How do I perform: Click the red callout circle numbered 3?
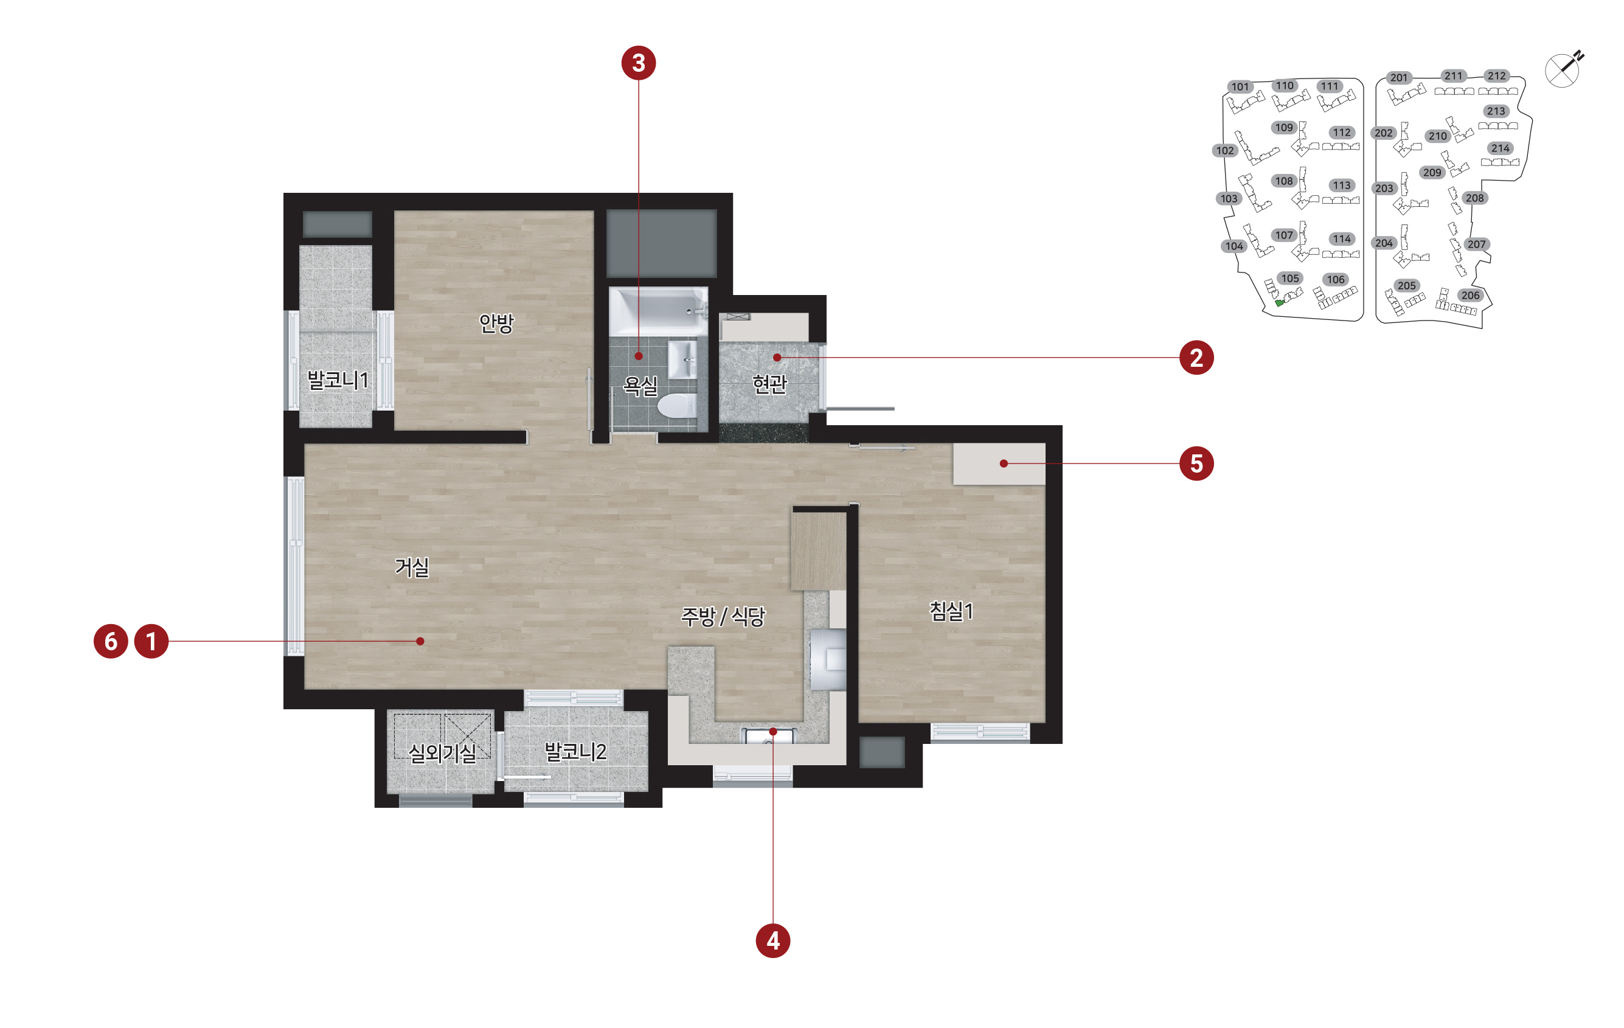(x=638, y=63)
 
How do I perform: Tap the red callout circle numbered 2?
(x=1196, y=358)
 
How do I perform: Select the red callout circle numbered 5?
(x=1196, y=464)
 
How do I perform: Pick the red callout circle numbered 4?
(x=773, y=940)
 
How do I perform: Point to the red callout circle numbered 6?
(x=111, y=641)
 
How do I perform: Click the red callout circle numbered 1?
(x=151, y=641)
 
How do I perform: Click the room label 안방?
(x=496, y=323)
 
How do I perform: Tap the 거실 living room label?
(x=412, y=566)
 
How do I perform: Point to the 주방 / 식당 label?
(x=723, y=616)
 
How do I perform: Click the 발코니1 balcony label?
(x=338, y=380)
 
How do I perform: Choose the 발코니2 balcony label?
(x=575, y=751)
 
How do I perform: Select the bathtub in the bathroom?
(x=658, y=311)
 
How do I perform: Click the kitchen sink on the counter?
(x=769, y=735)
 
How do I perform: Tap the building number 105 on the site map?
(x=1289, y=279)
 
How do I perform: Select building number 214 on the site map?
(x=1500, y=148)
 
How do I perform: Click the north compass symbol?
(x=1564, y=69)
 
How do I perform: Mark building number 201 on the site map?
(x=1399, y=78)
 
